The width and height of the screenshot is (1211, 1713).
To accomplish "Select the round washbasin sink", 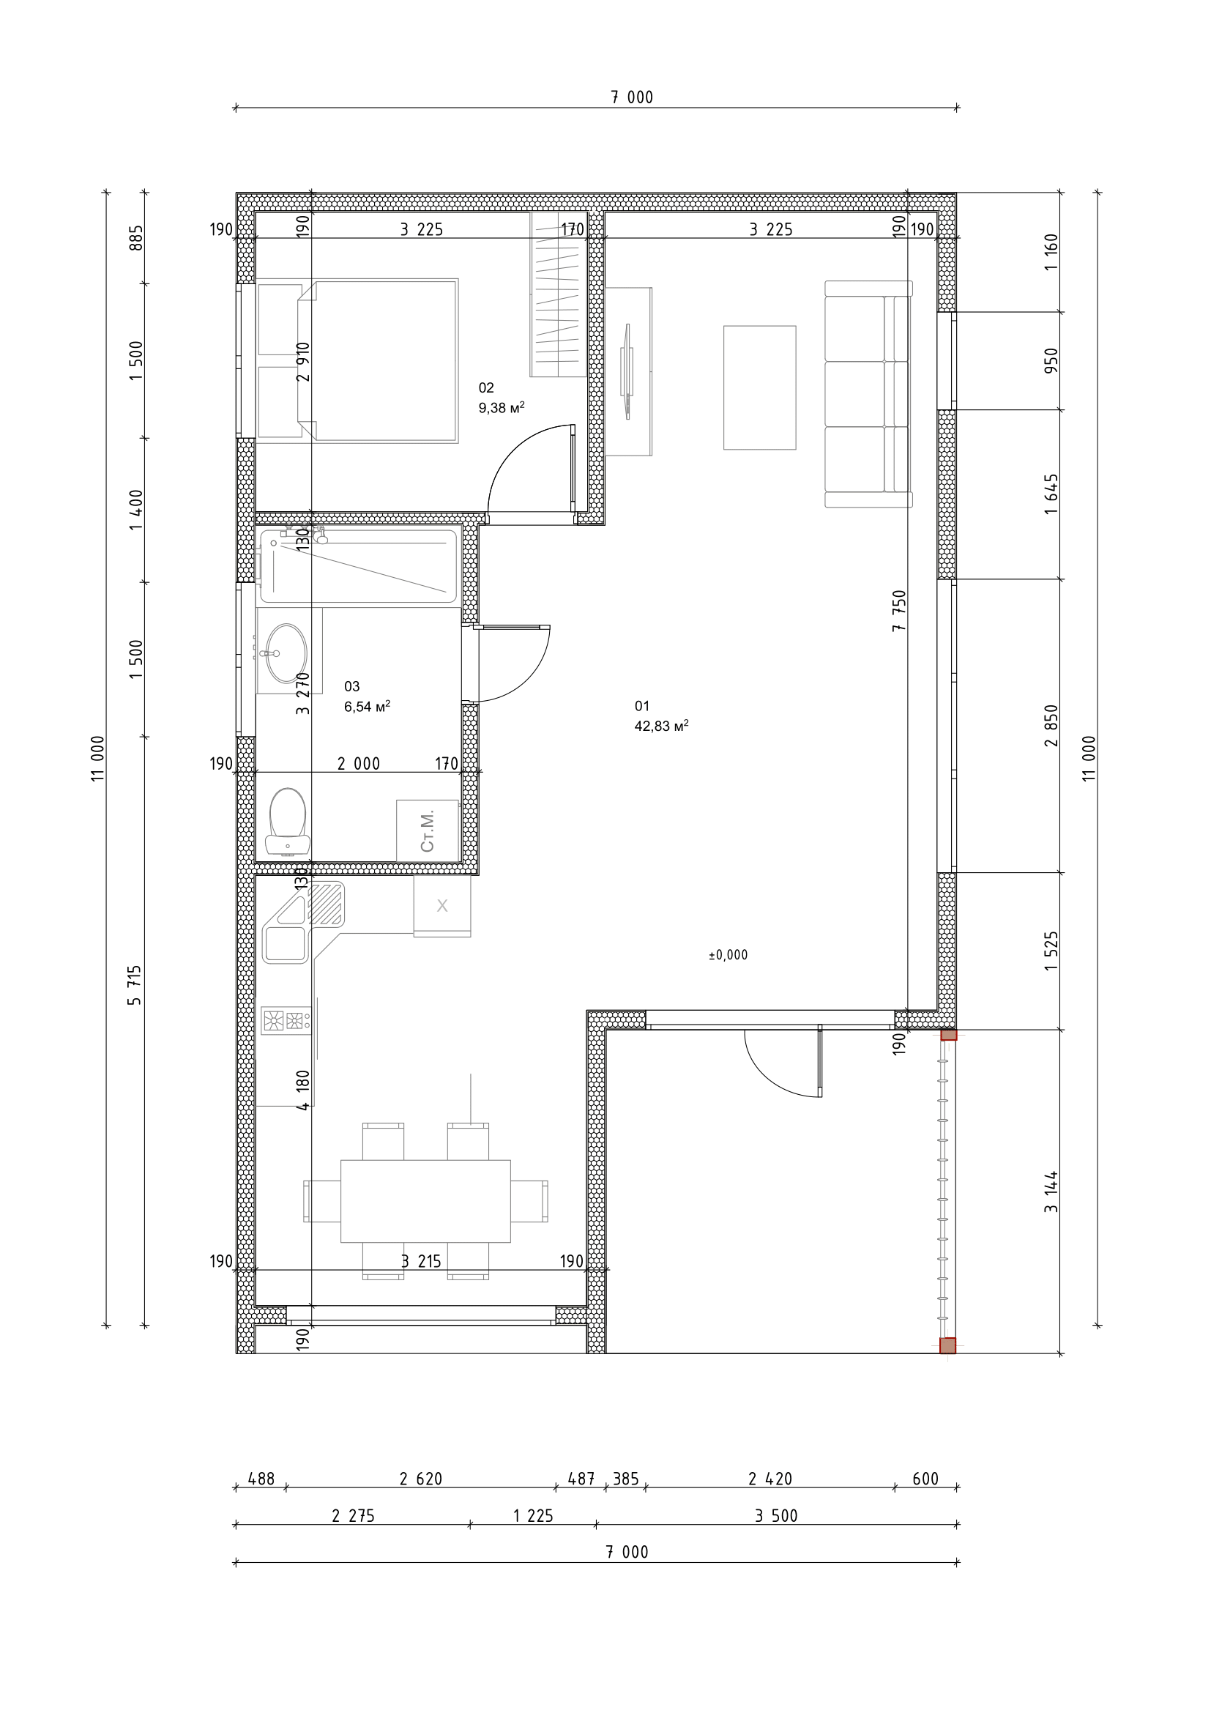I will [286, 653].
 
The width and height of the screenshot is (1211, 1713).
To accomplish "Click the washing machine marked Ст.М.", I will [428, 831].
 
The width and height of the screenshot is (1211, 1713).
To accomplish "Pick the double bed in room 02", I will [377, 361].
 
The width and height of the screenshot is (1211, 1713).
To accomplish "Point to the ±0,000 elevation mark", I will [728, 955].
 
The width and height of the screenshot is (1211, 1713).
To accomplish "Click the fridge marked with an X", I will [442, 906].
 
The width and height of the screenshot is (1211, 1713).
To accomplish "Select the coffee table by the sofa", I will [759, 387].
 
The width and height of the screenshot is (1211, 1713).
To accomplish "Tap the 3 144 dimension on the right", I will [1051, 1192].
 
